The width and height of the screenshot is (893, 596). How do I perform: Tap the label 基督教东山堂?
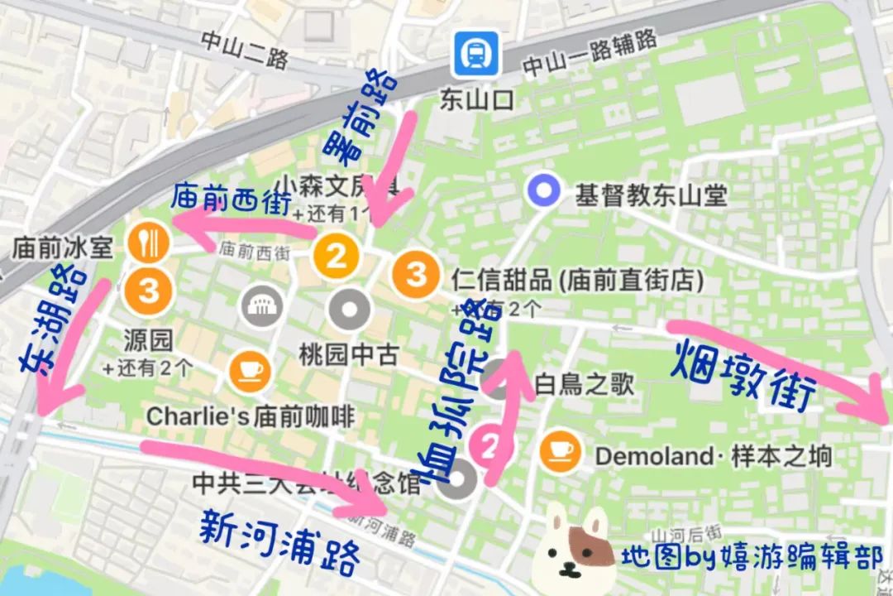click(x=651, y=195)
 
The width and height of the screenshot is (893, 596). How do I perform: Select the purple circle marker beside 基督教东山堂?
click(x=544, y=192)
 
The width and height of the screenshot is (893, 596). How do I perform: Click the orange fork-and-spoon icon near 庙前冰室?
click(x=149, y=243)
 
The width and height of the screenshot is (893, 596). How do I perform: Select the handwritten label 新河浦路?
click(x=280, y=543)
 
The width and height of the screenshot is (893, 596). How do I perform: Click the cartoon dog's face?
click(x=577, y=546)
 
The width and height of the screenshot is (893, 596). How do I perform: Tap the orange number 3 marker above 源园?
click(x=149, y=290)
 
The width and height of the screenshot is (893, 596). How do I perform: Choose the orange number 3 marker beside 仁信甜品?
click(x=417, y=272)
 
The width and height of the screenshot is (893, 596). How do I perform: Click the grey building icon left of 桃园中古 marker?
click(x=262, y=307)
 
